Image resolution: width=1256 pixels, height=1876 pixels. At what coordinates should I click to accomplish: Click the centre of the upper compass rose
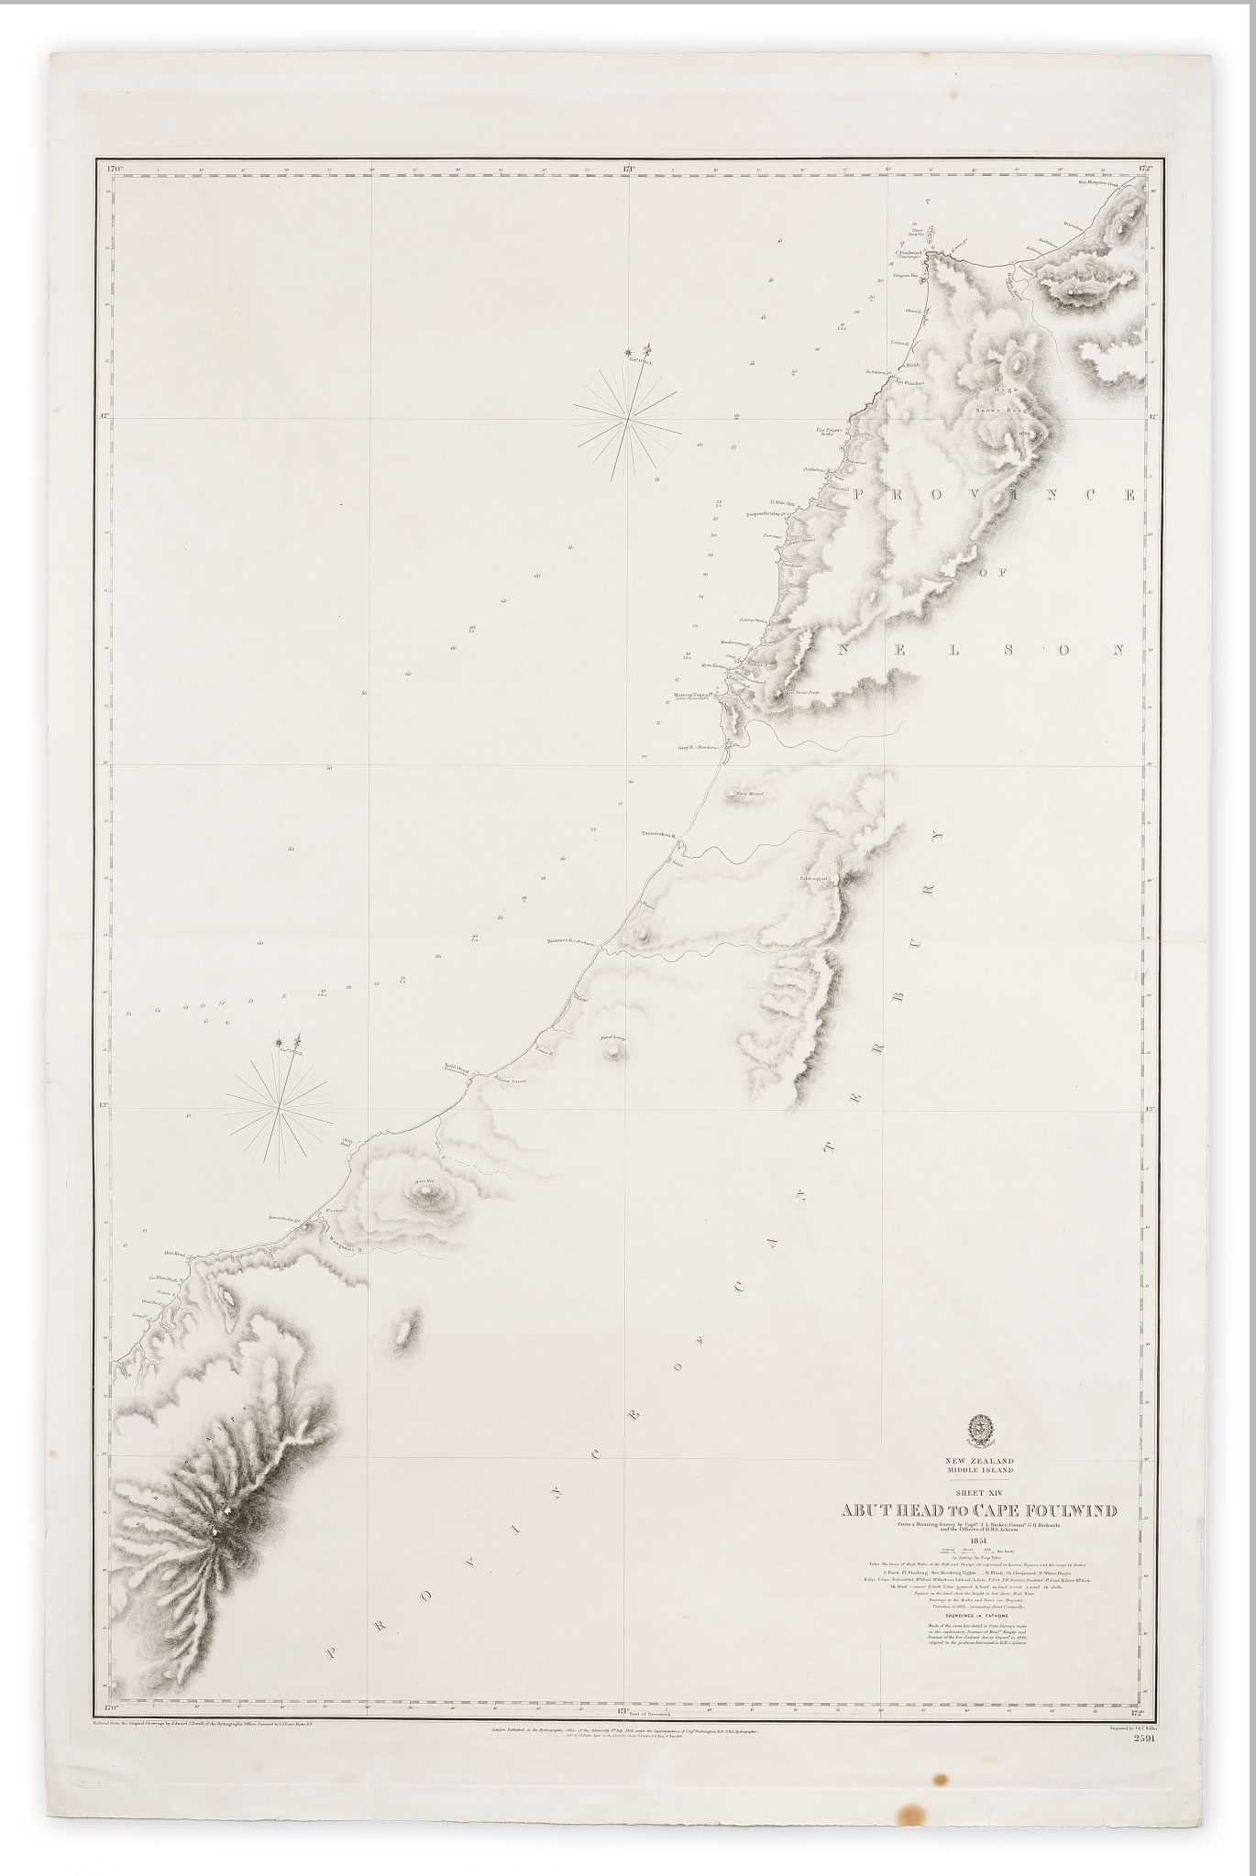628,418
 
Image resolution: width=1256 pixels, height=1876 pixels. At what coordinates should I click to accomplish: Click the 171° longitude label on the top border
629,169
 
